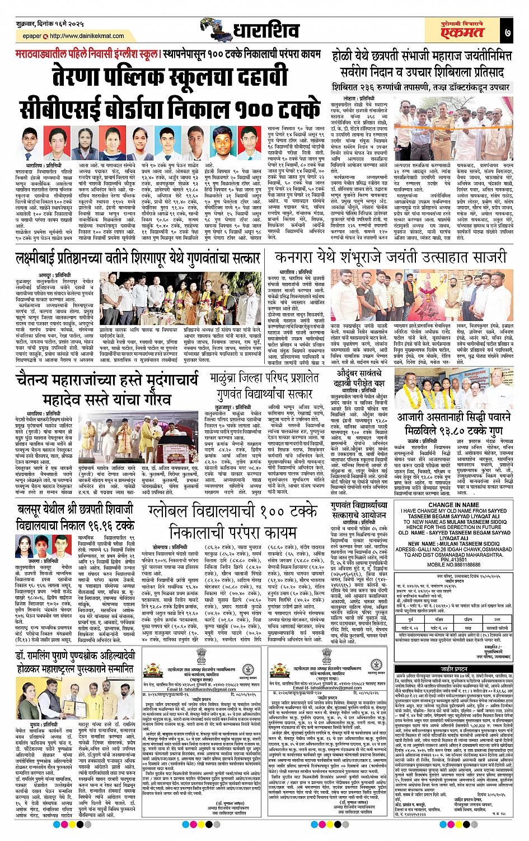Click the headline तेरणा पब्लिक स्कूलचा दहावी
point(167,75)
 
